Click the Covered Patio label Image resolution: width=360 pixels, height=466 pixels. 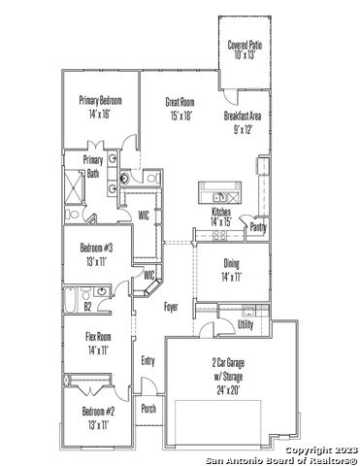pyautogui.click(x=245, y=45)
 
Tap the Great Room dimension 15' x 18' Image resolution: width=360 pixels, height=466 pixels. pyautogui.click(x=180, y=116)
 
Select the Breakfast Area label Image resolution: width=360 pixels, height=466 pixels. pyautogui.click(x=243, y=116)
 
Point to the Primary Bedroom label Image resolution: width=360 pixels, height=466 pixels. pyautogui.click(x=101, y=100)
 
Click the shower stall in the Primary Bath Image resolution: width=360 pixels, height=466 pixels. pyautogui.click(x=74, y=186)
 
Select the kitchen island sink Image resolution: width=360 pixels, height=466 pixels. pyautogui.click(x=219, y=197)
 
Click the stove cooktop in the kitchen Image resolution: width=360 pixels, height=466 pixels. pyautogui.click(x=220, y=234)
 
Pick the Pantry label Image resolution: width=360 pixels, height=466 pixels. pyautogui.click(x=258, y=227)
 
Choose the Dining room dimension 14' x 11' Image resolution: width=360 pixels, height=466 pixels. pyautogui.click(x=232, y=277)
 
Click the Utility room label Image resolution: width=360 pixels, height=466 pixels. pyautogui.click(x=245, y=324)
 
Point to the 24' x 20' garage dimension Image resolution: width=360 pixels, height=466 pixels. pyautogui.click(x=228, y=390)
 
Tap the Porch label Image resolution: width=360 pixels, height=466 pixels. pyautogui.click(x=148, y=409)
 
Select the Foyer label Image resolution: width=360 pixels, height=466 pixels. pyautogui.click(x=171, y=307)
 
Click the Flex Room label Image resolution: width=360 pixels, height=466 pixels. pyautogui.click(x=98, y=337)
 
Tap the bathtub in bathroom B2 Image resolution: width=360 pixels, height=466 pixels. pyautogui.click(x=71, y=300)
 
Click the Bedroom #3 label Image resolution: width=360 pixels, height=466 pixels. pyautogui.click(x=96, y=249)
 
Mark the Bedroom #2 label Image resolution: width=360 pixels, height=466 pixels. pyautogui.click(x=98, y=412)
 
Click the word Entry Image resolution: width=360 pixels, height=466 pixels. pyautogui.click(x=147, y=361)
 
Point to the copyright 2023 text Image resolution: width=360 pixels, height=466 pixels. pyautogui.click(x=322, y=450)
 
